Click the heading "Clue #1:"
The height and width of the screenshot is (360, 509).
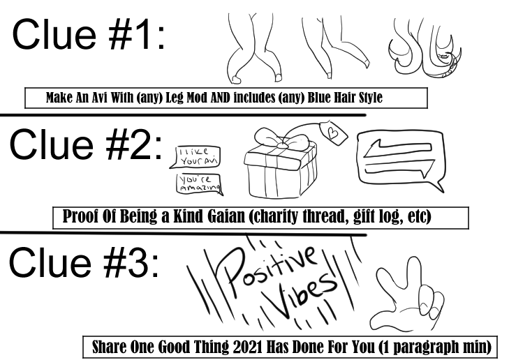tap(89, 34)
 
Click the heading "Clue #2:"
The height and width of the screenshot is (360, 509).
tap(86, 144)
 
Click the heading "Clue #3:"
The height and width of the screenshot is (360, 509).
tap(84, 262)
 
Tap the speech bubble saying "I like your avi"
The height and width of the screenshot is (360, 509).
tap(196, 157)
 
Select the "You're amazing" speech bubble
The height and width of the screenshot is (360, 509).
tap(200, 184)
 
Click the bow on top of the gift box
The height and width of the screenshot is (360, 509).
tap(282, 140)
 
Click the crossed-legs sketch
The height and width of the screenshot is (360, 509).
tap(254, 48)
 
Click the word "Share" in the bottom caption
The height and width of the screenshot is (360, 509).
tap(110, 347)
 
